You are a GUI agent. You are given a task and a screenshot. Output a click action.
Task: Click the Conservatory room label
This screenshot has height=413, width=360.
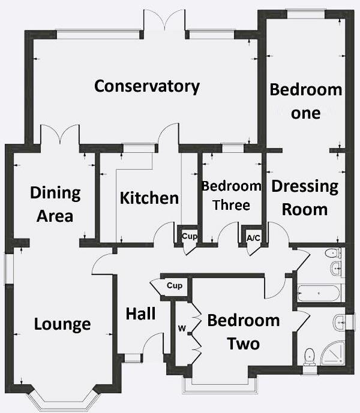tap(147, 86)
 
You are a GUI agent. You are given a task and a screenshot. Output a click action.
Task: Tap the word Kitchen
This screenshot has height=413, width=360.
tap(149, 198)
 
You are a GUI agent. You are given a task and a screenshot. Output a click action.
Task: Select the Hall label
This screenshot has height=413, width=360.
tap(141, 313)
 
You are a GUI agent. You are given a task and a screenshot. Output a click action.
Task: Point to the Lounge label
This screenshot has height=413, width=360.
tap(62, 324)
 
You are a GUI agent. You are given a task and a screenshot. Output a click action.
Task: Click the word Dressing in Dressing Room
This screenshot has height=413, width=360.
tap(305, 186)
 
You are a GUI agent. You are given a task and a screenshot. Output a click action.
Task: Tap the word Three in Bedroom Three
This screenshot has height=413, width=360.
tap(231, 205)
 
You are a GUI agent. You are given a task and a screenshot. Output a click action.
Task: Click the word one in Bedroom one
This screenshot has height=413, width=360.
tap(305, 113)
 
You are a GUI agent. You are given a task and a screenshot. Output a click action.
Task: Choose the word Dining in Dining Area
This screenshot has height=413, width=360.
tap(55, 193)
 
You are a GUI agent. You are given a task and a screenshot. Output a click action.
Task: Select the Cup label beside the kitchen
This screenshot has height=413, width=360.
tap(189, 236)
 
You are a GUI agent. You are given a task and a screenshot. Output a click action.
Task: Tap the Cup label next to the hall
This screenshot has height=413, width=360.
tap(175, 285)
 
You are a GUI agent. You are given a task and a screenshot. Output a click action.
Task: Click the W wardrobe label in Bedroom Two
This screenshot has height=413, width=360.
tap(181, 328)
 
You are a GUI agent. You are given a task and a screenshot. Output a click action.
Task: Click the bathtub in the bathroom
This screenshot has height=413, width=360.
tap(319, 293)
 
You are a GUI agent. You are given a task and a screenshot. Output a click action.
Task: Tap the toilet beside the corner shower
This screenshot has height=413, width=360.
tap(310, 356)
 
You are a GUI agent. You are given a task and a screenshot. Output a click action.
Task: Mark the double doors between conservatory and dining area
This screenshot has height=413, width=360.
tap(59, 135)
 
